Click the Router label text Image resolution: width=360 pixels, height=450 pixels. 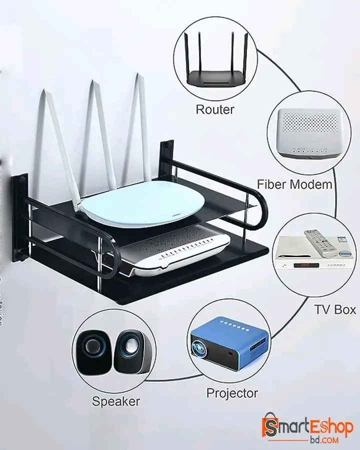pos(214,109)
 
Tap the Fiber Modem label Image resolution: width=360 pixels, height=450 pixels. pos(294,184)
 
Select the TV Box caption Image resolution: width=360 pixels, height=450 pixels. pos(334,309)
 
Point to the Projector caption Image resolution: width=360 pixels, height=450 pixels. pos(232,393)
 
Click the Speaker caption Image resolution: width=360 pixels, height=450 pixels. pos(116,400)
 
